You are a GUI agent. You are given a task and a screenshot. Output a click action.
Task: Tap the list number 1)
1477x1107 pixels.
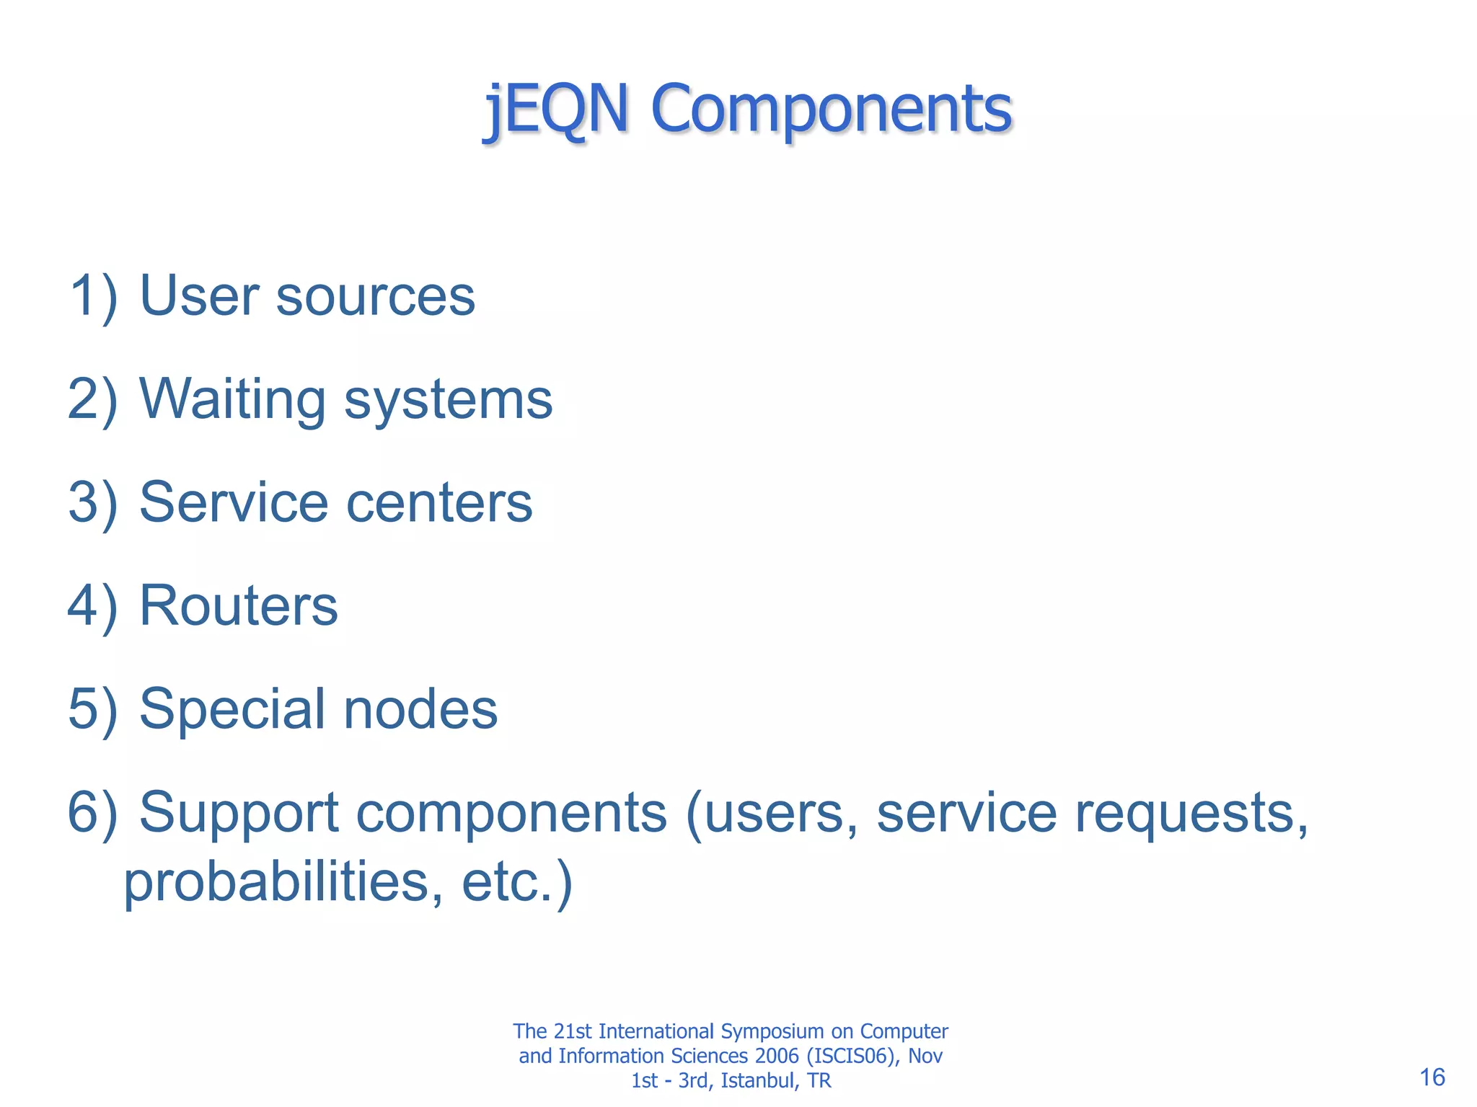(x=93, y=296)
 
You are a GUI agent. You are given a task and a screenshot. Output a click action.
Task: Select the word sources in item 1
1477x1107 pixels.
(x=376, y=296)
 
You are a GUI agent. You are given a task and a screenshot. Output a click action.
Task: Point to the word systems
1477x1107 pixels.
(x=448, y=400)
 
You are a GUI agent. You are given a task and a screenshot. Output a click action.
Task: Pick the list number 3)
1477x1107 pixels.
(x=93, y=502)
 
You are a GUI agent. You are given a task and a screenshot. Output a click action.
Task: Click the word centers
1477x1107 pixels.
(x=439, y=502)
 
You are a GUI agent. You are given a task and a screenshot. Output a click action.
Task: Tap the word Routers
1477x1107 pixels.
(x=238, y=605)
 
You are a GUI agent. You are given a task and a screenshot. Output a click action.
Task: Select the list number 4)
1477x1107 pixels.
(x=93, y=605)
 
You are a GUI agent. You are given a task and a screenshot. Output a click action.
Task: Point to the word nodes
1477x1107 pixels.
(x=420, y=709)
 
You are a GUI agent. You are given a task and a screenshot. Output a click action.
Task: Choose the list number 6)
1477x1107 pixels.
(x=93, y=812)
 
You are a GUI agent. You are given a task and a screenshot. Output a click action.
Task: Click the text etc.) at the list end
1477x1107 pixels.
(x=517, y=881)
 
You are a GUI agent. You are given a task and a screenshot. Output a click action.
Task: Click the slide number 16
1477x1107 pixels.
(x=1432, y=1077)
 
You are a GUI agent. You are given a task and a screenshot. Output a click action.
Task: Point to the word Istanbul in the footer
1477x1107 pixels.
(x=757, y=1080)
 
